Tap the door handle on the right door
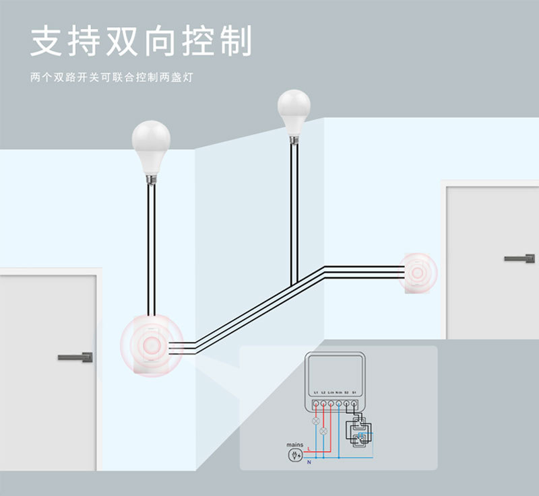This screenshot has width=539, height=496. tap(519, 258)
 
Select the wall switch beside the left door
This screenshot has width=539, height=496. tap(152, 345)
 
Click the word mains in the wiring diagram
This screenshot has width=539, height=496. tap(294, 445)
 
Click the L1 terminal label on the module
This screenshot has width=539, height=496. tap(315, 392)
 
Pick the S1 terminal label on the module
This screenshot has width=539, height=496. tap(354, 392)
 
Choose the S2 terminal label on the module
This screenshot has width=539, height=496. tap(346, 392)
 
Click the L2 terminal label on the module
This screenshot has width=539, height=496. tap(323, 392)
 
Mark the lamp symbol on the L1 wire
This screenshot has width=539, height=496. tap(315, 420)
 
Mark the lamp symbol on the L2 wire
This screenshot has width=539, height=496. tap(323, 430)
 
